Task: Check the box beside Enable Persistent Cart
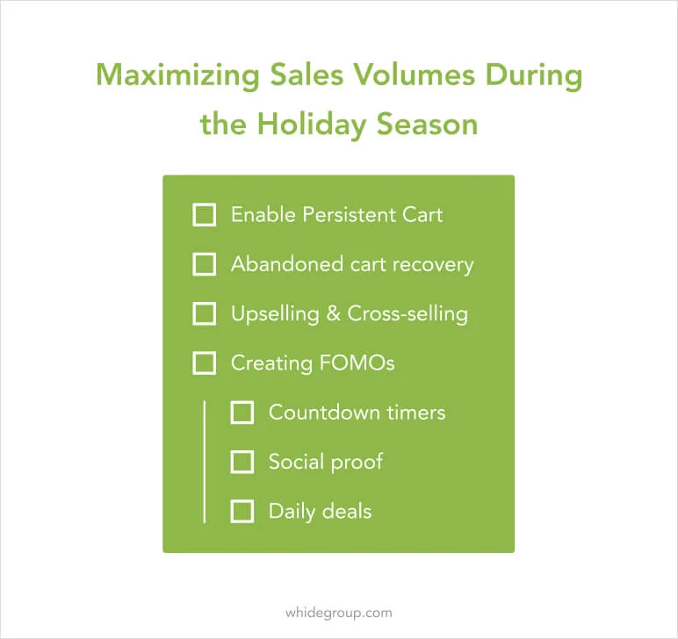coord(204,215)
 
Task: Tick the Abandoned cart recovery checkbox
coord(204,264)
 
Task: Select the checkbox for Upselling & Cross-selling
coord(204,313)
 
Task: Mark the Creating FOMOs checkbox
coord(204,363)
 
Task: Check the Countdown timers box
coord(242,413)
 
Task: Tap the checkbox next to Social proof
coord(242,462)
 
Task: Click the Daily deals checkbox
coord(242,511)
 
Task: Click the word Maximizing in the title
coord(177,76)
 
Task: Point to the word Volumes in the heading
coord(415,75)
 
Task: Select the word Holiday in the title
coord(312,126)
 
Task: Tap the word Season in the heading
coord(427,125)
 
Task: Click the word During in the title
coord(534,76)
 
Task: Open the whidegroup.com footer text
coord(339,613)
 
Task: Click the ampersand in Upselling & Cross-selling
coord(333,313)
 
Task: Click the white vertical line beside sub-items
coord(204,462)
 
